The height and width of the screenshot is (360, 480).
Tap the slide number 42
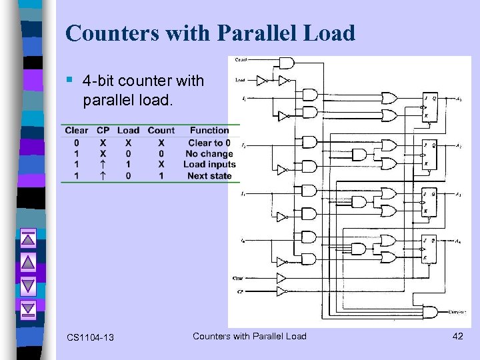pos(457,336)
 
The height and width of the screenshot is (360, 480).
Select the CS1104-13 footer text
pos(90,337)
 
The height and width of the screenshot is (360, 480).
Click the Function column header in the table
pos(209,131)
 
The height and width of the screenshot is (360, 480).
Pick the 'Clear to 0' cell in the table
pos(209,142)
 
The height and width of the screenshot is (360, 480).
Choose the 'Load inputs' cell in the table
pos(209,165)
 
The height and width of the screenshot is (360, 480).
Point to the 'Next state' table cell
pos(209,176)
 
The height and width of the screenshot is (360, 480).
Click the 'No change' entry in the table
pos(209,153)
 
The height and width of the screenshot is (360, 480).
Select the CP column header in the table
pos(103,131)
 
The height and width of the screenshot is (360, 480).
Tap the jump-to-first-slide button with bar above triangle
pos(28,239)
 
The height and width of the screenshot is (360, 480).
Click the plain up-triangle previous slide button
pos(28,262)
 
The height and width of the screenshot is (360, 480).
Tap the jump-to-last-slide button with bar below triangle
pos(28,309)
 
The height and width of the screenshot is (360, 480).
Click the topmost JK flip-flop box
pos(429,107)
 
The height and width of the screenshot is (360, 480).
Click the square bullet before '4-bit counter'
pos(70,81)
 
